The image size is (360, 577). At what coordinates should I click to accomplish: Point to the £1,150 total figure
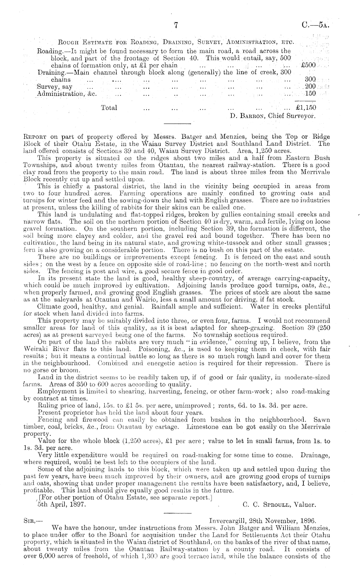306,108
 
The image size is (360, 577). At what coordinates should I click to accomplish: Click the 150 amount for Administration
310,94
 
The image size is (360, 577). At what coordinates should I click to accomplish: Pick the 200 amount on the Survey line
310,87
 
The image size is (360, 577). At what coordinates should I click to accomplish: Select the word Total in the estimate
109,108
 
